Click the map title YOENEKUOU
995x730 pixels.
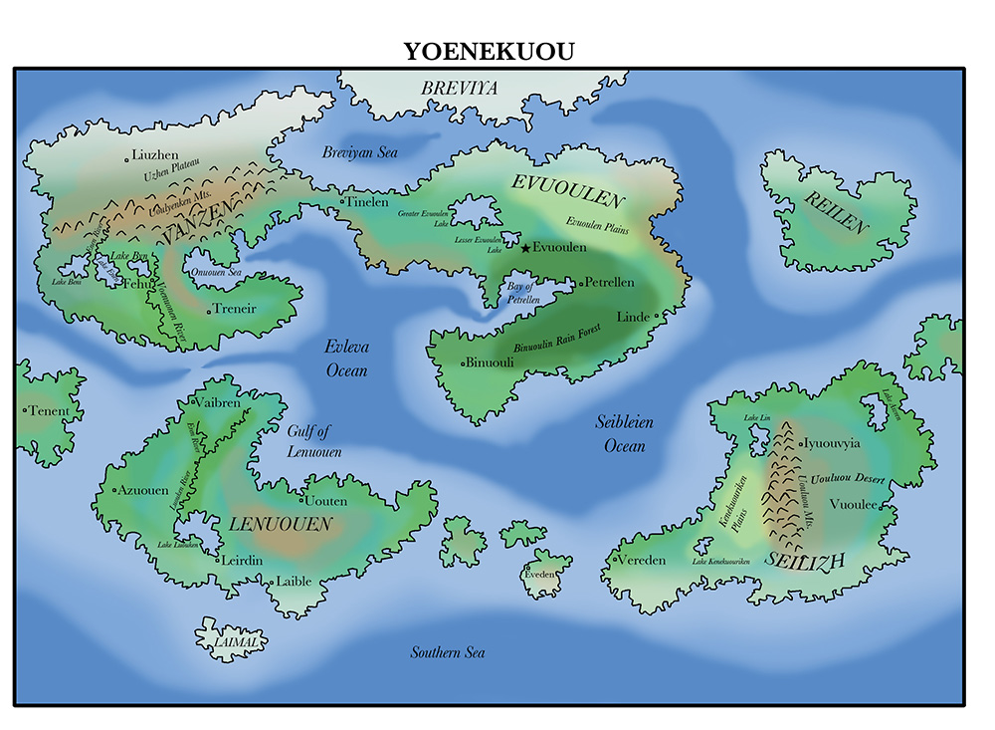coord(489,52)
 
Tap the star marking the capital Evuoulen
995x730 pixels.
coord(525,248)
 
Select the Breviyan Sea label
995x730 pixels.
coord(359,152)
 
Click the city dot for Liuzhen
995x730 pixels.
coord(127,157)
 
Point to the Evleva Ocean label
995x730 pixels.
coord(345,359)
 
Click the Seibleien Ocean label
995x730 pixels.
coord(625,434)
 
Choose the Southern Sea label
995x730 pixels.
coord(448,652)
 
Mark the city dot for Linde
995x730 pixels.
coord(658,316)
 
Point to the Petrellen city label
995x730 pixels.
coord(610,283)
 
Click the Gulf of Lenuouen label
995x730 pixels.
coord(314,441)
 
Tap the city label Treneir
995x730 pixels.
coord(235,309)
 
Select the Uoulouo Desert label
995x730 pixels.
coord(849,479)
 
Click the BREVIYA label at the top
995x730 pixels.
coord(459,89)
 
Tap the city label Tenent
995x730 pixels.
coord(50,410)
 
